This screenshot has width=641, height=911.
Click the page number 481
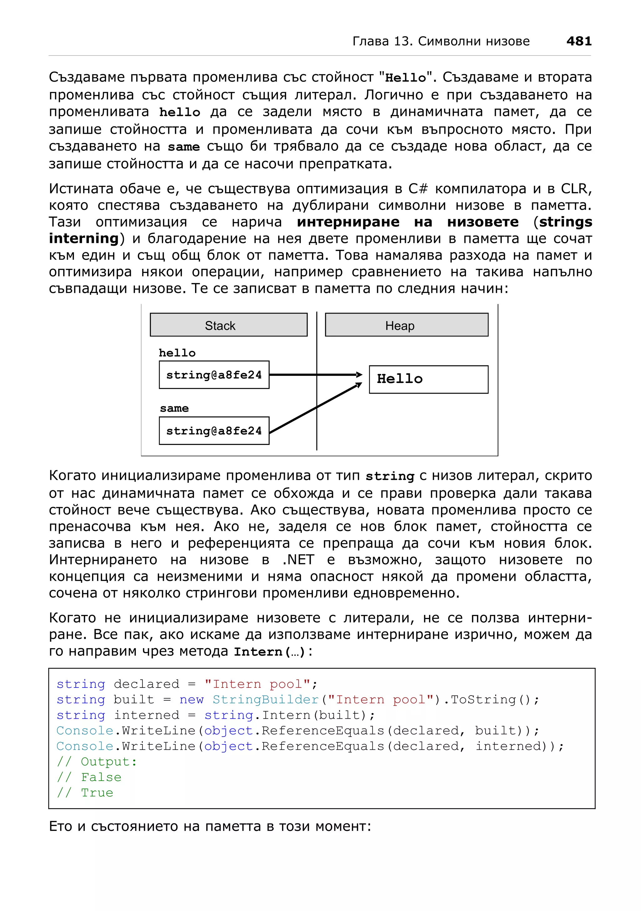point(579,41)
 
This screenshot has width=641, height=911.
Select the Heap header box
point(406,325)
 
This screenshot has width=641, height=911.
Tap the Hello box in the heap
point(428,379)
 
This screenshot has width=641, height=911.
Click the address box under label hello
point(214,375)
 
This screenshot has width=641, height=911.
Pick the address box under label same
point(214,430)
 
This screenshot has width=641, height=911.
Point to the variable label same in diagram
point(174,408)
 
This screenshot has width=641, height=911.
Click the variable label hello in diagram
point(177,353)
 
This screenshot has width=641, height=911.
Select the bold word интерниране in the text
point(348,222)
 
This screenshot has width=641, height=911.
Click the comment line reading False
point(90,777)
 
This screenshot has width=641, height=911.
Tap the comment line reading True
point(85,793)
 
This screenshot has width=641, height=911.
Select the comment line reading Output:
point(97,762)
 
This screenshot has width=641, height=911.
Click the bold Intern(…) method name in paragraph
point(269,652)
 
